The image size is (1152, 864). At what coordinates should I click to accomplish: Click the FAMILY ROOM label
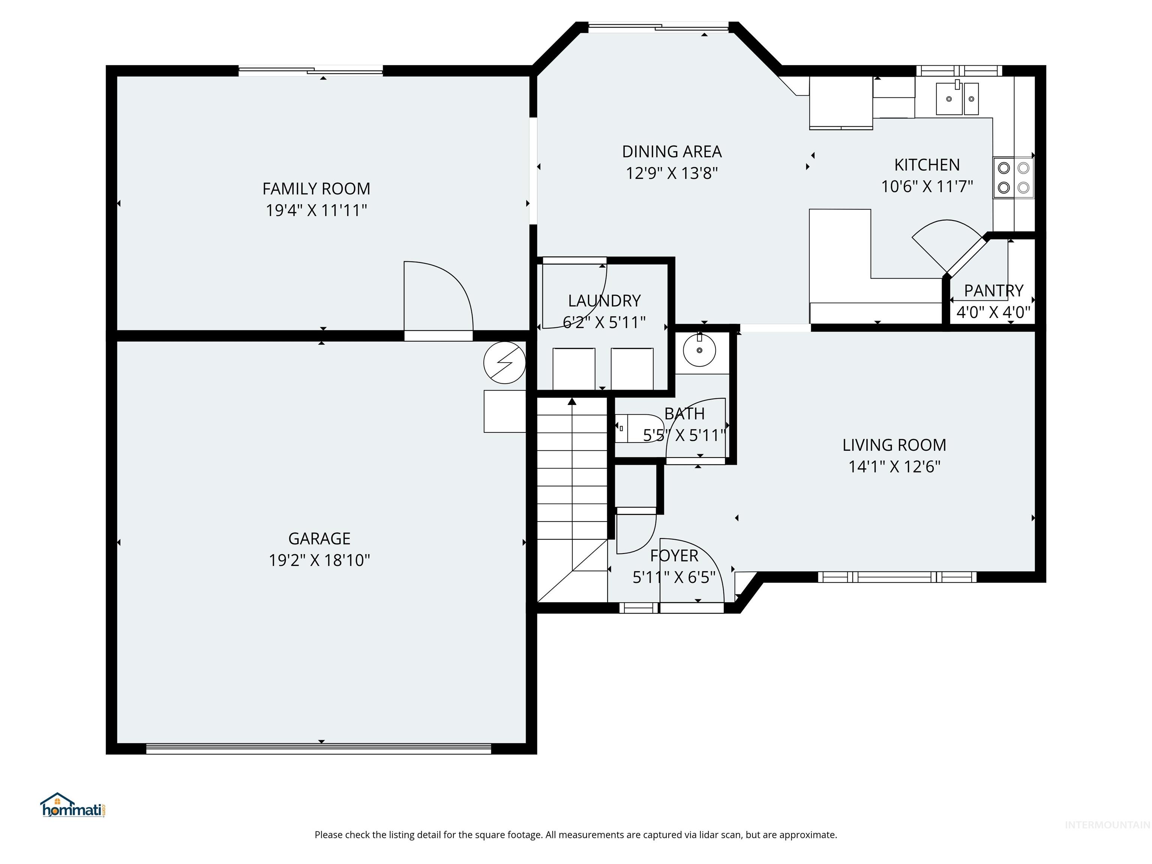[x=316, y=189]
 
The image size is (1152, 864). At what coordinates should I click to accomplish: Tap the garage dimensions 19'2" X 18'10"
[x=319, y=560]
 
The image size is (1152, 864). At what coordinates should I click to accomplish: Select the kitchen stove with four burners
[x=1013, y=178]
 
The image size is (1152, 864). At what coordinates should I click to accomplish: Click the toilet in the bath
[x=638, y=428]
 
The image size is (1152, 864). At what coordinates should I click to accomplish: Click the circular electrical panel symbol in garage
[x=504, y=363]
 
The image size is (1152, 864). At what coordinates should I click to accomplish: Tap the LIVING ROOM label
[x=894, y=445]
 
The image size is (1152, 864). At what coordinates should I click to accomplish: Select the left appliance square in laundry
[x=573, y=369]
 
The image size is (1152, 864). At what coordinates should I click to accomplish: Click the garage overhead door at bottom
[x=319, y=748]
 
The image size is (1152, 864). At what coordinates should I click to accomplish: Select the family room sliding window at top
[x=310, y=71]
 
